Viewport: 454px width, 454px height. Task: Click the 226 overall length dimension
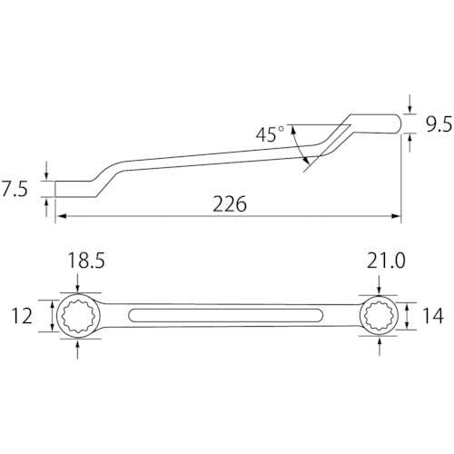[x=230, y=204]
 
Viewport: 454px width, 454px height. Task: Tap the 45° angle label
[x=270, y=134]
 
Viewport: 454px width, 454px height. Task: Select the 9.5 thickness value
[x=439, y=124]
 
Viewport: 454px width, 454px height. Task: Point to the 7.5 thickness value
[x=15, y=189]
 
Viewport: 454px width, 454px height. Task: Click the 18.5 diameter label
[x=86, y=261]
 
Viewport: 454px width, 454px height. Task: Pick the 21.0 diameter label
[x=386, y=261]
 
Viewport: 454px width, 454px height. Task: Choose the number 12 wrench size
[x=22, y=316]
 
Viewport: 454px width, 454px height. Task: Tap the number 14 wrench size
[x=433, y=316]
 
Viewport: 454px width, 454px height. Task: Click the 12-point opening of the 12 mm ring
[x=80, y=316]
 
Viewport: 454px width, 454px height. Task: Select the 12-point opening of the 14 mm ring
[x=379, y=315]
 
